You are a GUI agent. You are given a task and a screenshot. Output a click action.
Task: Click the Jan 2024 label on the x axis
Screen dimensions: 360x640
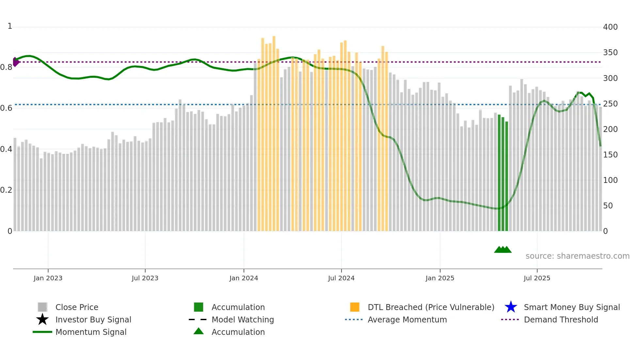point(244,278)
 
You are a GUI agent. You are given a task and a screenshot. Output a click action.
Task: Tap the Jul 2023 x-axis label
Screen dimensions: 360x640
point(145,278)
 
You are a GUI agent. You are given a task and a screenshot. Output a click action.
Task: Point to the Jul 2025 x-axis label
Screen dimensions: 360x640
point(537,278)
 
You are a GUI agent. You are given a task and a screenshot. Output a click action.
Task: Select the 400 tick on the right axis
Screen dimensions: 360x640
point(610,27)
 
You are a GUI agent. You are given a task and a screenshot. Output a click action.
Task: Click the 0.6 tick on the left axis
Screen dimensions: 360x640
point(6,108)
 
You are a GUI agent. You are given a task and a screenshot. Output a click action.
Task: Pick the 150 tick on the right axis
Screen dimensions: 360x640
point(610,155)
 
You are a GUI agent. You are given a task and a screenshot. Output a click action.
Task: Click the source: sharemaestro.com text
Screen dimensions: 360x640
point(577,256)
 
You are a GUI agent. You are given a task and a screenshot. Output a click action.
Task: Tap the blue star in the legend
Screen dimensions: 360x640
point(511,307)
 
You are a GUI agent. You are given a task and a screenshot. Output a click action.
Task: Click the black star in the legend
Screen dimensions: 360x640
point(42,319)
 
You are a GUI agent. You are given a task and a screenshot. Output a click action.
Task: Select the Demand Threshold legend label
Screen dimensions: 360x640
point(561,319)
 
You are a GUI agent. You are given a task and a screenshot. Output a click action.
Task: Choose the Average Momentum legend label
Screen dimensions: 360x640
point(407,319)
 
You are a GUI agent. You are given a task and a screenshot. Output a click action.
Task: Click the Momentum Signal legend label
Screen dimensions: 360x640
point(91,332)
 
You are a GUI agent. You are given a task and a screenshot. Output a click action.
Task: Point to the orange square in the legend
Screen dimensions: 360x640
point(355,307)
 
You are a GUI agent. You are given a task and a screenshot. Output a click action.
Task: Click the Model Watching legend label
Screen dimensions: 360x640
point(243,319)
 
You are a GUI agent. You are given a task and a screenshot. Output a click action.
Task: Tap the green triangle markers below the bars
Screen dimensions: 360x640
point(503,250)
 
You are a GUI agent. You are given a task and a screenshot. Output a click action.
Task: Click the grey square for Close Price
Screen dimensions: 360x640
point(42,307)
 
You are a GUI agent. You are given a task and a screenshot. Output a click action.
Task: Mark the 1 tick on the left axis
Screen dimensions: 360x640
point(10,26)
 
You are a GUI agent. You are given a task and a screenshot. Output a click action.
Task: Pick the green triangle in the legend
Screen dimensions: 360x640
point(199,332)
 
